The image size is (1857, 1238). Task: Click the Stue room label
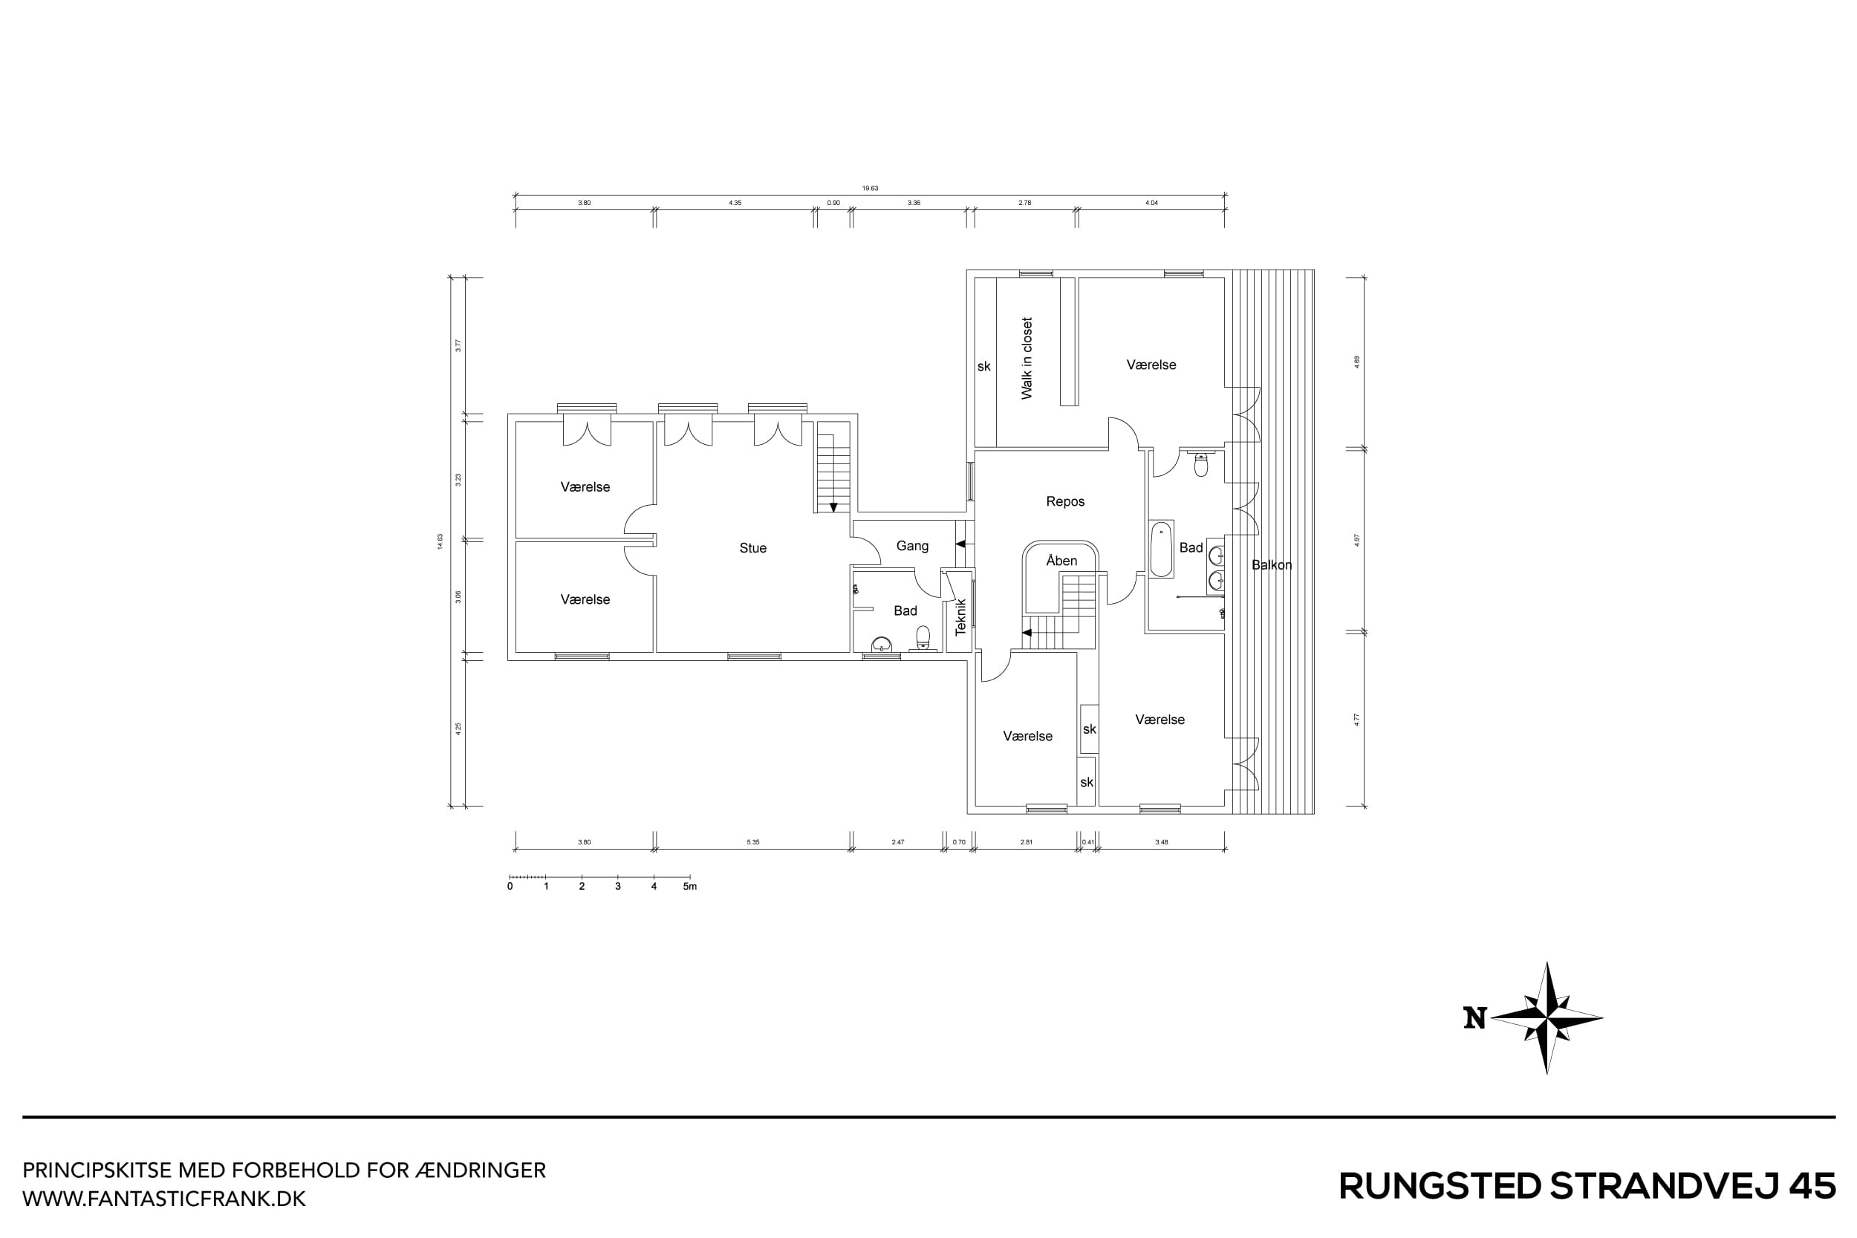pos(752,548)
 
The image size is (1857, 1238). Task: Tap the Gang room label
pos(912,546)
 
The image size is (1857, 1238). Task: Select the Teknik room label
pos(961,616)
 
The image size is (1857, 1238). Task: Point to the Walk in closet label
pos(1027,359)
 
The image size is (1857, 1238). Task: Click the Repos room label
pos(1065,501)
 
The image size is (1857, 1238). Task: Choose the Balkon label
pos(1271,564)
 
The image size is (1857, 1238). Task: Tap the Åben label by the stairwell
pos(1061,561)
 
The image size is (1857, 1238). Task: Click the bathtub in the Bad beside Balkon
pos(1160,549)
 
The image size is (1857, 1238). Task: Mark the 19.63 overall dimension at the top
pos(869,189)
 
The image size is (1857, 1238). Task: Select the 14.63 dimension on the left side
pos(440,541)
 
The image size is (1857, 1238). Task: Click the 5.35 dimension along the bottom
pos(752,842)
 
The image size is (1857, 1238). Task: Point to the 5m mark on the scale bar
pos(689,887)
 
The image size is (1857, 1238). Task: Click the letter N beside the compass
pos(1474,1018)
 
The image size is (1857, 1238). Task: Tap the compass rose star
pos(1547,1018)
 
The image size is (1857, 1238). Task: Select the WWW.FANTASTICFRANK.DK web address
pos(163,1199)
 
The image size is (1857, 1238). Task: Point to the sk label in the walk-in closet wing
pos(983,366)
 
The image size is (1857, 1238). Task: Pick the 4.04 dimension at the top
pos(1151,203)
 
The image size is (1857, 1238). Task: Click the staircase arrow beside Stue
pos(833,507)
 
